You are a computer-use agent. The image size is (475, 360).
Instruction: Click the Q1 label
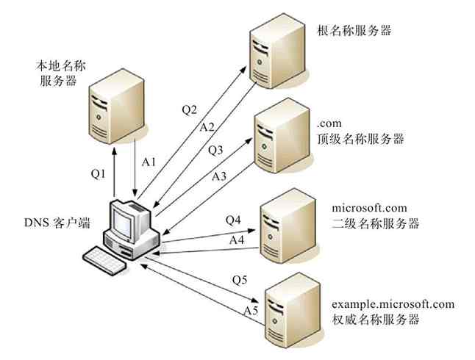pos(99,173)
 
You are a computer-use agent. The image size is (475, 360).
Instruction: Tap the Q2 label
pos(189,110)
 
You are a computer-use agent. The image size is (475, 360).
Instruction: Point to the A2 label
pos(207,127)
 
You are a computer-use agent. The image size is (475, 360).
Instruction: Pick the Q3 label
pos(215,151)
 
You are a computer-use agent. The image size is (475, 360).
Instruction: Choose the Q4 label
pos(232,220)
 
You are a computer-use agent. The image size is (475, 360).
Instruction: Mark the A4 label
pos(237,240)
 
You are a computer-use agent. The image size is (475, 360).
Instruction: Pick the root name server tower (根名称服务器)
pos(277,54)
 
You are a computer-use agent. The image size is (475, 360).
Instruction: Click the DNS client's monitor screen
pos(124,221)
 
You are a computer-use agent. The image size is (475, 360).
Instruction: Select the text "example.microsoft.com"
pos(393,304)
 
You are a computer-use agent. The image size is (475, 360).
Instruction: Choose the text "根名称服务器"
pos(354,31)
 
